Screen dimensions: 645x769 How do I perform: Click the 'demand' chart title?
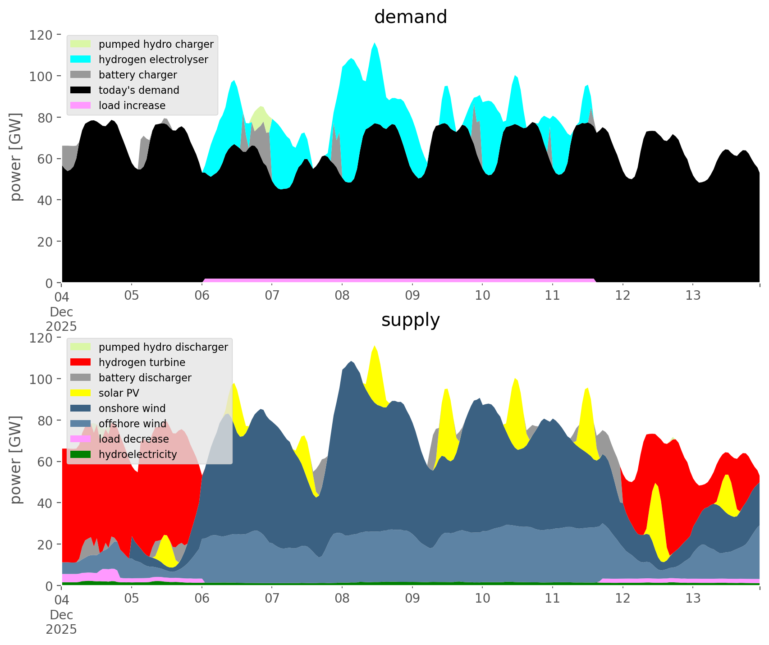tap(410, 17)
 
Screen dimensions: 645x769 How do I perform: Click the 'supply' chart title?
tap(410, 320)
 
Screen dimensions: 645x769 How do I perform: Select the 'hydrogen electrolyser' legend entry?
tap(153, 59)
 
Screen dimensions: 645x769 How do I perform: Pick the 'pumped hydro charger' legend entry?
tap(156, 44)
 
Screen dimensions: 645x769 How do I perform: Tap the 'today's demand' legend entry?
tap(139, 90)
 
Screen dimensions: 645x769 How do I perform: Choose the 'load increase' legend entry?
tap(132, 105)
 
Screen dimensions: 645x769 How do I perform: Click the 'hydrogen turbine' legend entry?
tap(142, 362)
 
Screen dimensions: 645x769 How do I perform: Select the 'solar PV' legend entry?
tap(119, 393)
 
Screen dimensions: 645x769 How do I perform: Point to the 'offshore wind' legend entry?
tap(133, 424)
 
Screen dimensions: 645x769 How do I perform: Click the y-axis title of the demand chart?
tap(16, 157)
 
